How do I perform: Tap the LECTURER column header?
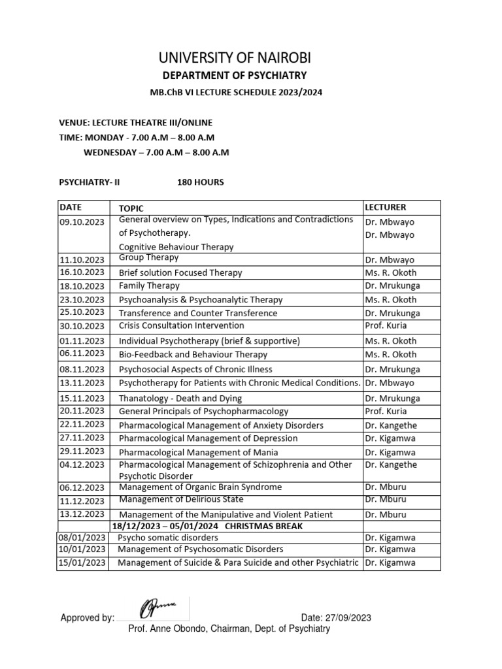pyautogui.click(x=385, y=207)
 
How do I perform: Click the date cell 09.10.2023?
pyautogui.click(x=82, y=221)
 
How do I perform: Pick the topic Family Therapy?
pyautogui.click(x=149, y=286)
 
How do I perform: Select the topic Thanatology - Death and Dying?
pyautogui.click(x=180, y=398)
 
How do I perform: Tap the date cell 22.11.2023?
pyautogui.click(x=82, y=425)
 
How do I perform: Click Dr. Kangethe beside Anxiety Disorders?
pyautogui.click(x=390, y=425)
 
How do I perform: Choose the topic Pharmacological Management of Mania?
pyautogui.click(x=198, y=452)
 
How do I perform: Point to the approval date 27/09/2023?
pyautogui.click(x=337, y=617)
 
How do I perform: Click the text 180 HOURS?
pyautogui.click(x=200, y=182)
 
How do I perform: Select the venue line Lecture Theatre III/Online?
pyautogui.click(x=136, y=123)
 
